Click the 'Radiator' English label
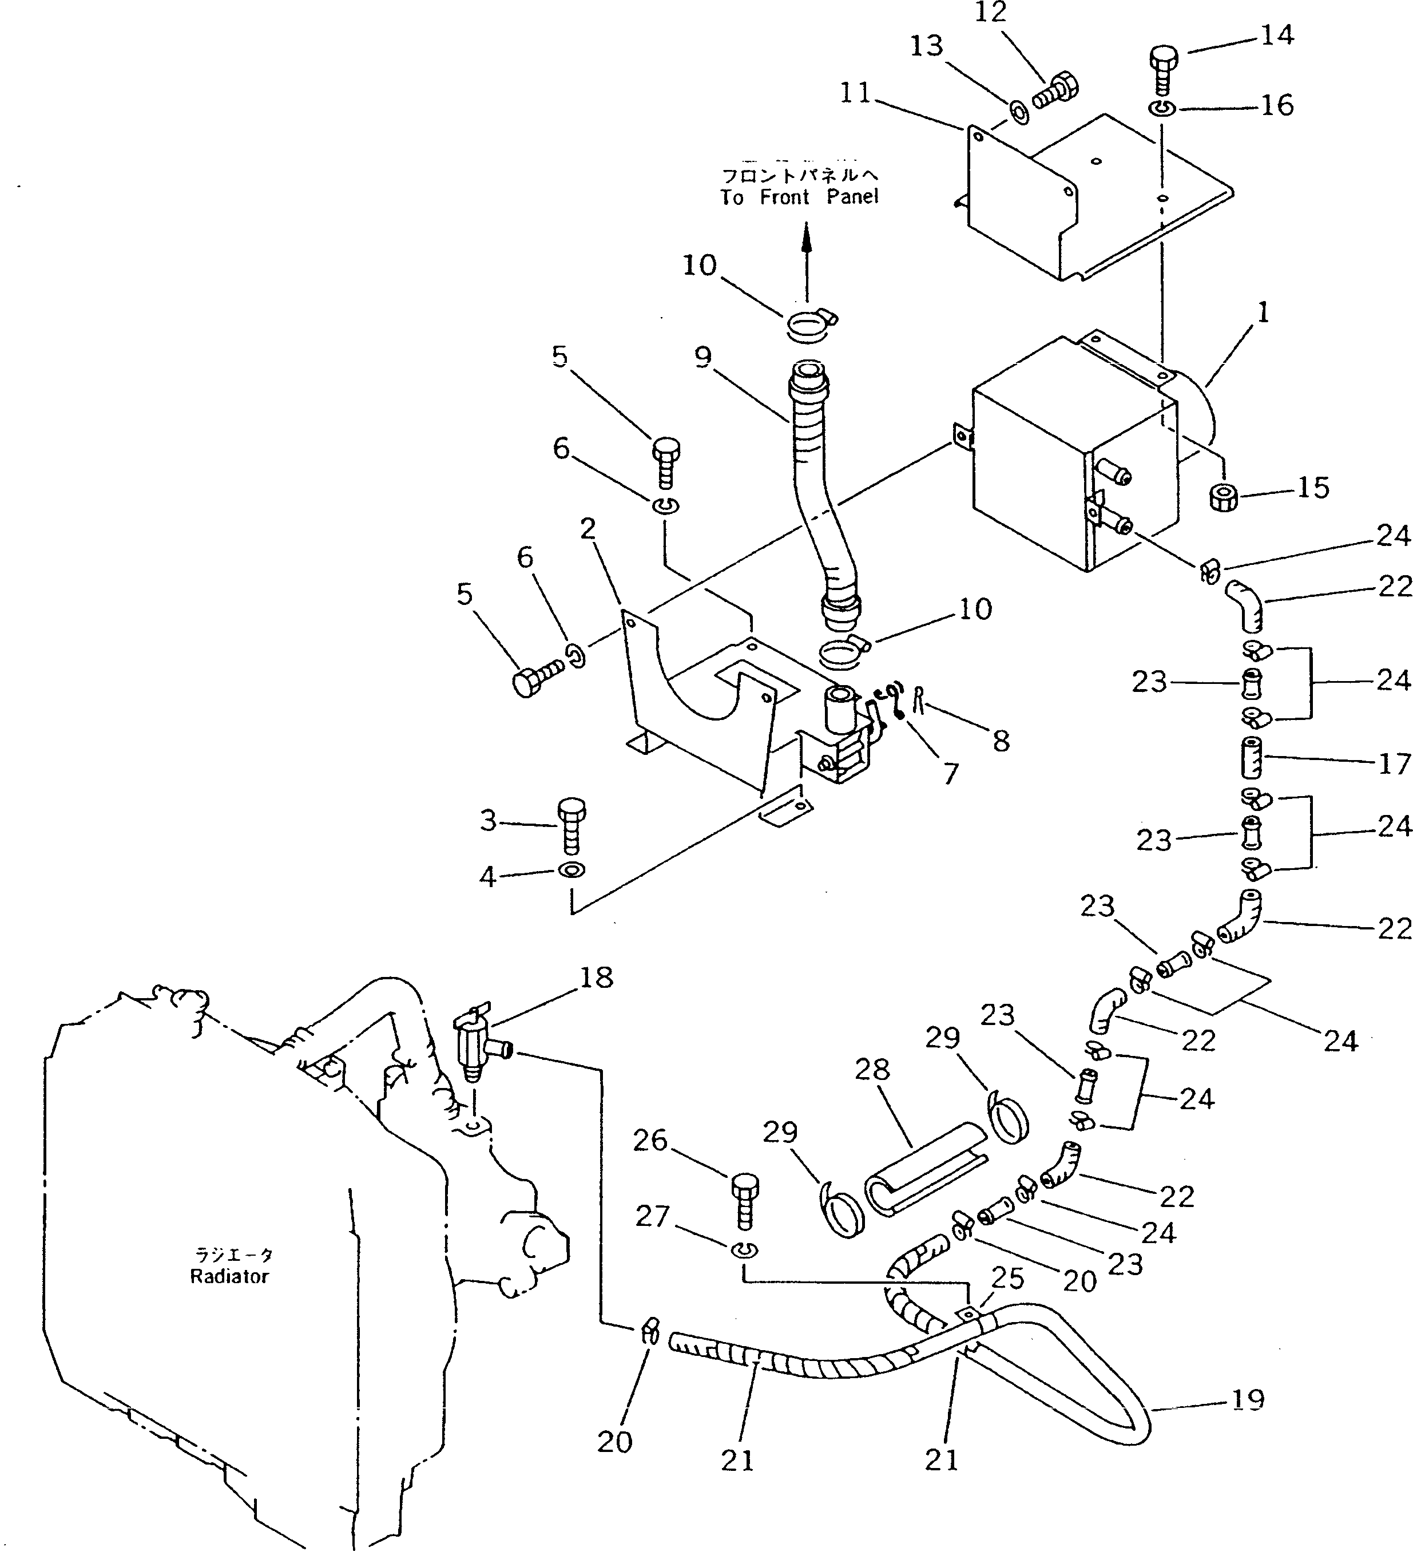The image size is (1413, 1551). point(229,1276)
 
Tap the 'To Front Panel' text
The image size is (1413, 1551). point(799,197)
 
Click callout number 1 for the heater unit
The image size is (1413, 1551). point(1261,313)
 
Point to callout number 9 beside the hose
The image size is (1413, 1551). point(702,357)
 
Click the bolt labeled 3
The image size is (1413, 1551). point(571,827)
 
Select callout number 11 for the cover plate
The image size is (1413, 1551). point(855,93)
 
